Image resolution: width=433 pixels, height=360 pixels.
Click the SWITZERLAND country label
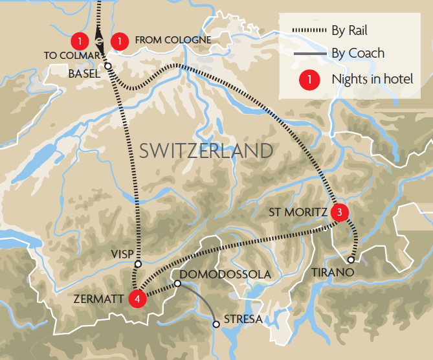pyautogui.click(x=206, y=152)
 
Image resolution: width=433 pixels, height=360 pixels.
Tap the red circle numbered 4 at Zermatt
pyautogui.click(x=137, y=298)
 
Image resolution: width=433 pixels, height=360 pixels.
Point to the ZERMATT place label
pyautogui.click(x=100, y=298)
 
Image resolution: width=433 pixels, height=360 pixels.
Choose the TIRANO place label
pyautogui.click(x=333, y=273)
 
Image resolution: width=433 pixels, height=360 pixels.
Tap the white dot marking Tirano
pyautogui.click(x=351, y=260)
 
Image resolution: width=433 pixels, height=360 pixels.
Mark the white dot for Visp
pyautogui.click(x=137, y=264)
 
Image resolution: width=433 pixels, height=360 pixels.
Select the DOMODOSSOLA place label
pyautogui.click(x=225, y=275)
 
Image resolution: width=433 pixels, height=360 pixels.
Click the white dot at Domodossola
pyautogui.click(x=177, y=283)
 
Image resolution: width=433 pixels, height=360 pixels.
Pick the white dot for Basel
pyautogui.click(x=107, y=65)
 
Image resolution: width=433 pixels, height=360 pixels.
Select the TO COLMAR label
pyautogui.click(x=71, y=56)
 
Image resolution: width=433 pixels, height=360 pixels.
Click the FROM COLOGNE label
pyautogui.click(x=173, y=40)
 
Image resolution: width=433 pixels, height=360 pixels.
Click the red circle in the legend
pyautogui.click(x=309, y=80)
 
